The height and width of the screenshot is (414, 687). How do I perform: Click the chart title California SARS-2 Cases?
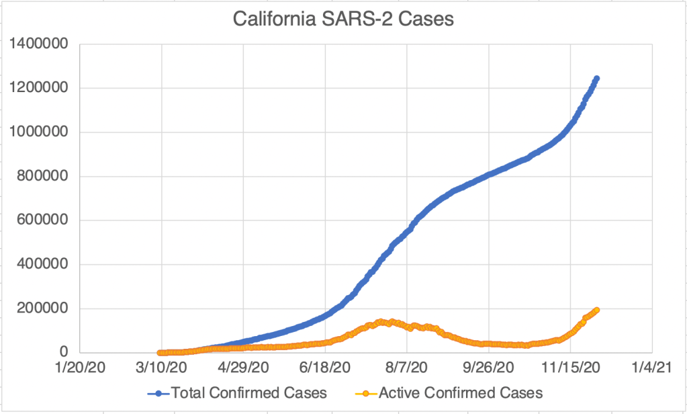[343, 19]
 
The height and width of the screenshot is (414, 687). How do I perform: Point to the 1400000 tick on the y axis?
[41, 44]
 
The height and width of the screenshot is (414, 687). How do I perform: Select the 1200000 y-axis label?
[41, 89]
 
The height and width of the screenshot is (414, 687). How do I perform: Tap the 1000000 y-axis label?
[41, 132]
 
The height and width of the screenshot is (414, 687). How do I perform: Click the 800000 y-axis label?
[46, 177]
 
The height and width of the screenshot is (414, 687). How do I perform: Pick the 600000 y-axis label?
[46, 220]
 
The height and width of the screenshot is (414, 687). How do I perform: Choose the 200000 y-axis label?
[46, 308]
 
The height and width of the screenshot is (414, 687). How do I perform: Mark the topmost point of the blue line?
[596, 79]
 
